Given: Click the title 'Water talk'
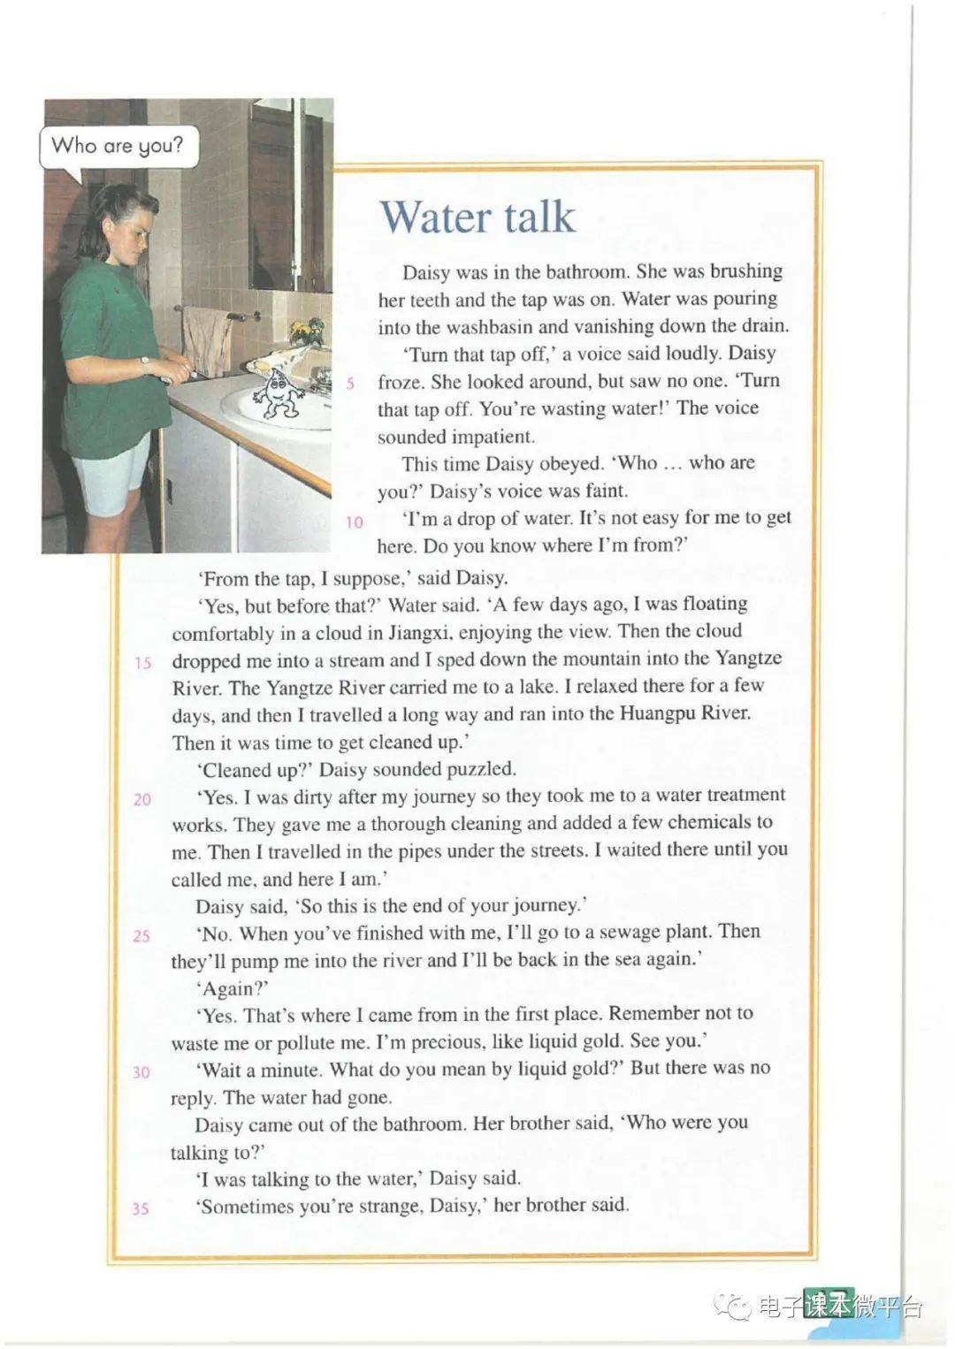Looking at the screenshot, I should pyautogui.click(x=477, y=217).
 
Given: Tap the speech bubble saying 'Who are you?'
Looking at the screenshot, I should pyautogui.click(x=116, y=146).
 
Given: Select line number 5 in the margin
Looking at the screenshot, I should pyautogui.click(x=352, y=383).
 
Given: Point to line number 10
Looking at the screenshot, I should pyautogui.click(x=355, y=522).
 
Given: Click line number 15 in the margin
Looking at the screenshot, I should pyautogui.click(x=143, y=662).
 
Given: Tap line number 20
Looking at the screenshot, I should pyautogui.click(x=142, y=799).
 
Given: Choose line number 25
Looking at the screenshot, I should pyautogui.click(x=141, y=935).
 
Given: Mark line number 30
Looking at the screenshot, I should pyautogui.click(x=141, y=1072).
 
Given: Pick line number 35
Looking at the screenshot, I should pyautogui.click(x=141, y=1208).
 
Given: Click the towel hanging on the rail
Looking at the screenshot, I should pyautogui.click(x=209, y=340).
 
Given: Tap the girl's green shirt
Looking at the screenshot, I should pyautogui.click(x=111, y=327).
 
